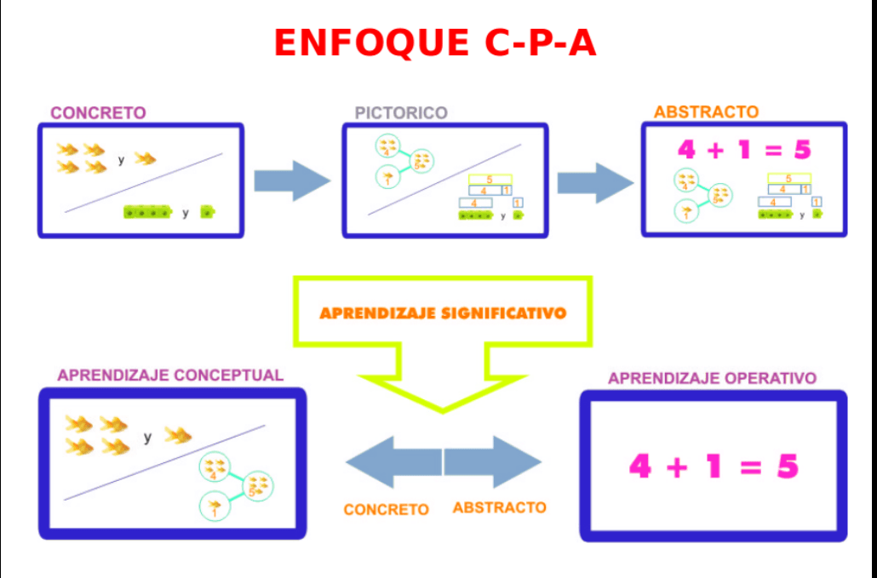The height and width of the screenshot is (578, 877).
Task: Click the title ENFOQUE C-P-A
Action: (435, 43)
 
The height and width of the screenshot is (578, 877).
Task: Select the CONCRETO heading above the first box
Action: (98, 112)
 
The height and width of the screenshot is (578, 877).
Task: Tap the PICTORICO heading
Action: (401, 112)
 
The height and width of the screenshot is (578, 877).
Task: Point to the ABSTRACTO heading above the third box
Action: (706, 112)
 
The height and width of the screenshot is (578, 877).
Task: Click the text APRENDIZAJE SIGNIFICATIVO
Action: (443, 312)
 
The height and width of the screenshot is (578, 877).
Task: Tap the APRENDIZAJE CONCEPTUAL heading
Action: (170, 375)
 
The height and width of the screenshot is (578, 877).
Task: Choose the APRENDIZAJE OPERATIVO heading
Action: (712, 378)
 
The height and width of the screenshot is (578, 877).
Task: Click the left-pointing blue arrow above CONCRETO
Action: (393, 462)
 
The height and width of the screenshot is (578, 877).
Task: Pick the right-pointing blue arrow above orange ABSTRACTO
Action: (493, 462)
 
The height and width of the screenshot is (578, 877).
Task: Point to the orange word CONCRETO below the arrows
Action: (386, 509)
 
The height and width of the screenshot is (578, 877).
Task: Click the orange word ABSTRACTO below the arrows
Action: (499, 507)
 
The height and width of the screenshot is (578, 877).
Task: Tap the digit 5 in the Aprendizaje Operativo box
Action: (788, 466)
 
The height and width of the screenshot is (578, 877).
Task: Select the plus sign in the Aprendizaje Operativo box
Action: (678, 466)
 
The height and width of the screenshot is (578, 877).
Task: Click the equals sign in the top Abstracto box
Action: (771, 150)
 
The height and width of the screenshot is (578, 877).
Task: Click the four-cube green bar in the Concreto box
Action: (147, 212)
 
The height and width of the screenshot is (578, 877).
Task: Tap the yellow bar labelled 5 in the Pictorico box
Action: (490, 179)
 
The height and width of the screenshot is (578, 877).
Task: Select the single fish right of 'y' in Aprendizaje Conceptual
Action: (178, 436)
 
